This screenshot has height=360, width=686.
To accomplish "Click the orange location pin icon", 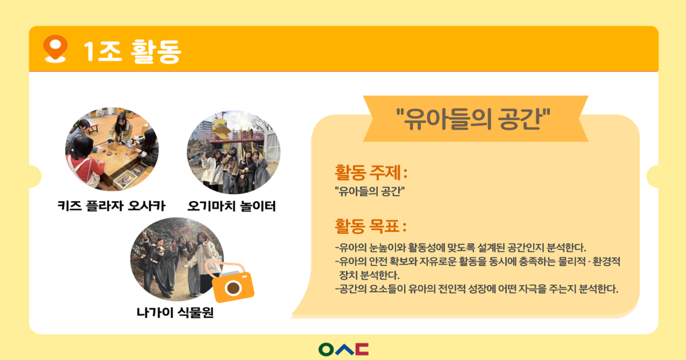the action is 55,48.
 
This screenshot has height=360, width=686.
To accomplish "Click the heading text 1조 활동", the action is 132,51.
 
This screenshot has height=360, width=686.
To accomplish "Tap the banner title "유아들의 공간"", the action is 473,118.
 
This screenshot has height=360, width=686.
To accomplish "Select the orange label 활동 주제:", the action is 371,173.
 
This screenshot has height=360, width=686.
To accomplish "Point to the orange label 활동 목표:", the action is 371,226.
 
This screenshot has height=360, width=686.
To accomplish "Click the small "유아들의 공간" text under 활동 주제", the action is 369,192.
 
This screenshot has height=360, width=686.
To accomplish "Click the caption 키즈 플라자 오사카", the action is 112,206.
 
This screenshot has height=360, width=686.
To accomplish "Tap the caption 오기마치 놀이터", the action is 231,206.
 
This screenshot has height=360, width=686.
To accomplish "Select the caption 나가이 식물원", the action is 175,312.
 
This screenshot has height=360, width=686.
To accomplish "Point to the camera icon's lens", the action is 233,287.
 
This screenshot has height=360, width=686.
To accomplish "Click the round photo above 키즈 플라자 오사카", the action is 112,149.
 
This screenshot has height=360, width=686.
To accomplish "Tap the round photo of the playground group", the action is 234,152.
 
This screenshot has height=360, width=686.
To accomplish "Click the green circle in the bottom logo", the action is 326,349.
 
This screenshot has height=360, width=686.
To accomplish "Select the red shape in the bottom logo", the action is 362,349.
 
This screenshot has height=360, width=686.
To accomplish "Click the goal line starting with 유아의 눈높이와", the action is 461,248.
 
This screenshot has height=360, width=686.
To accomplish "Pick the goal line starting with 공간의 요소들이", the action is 477,289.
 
